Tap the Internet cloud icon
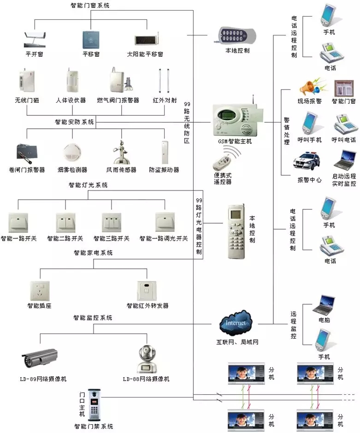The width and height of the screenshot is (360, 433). coord(236,322)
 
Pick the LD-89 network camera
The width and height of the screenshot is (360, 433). coord(40,360)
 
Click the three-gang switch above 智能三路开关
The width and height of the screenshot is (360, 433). coord(112,223)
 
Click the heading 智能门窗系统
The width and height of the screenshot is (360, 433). coord(90,6)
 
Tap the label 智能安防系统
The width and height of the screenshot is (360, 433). coord(74,123)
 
